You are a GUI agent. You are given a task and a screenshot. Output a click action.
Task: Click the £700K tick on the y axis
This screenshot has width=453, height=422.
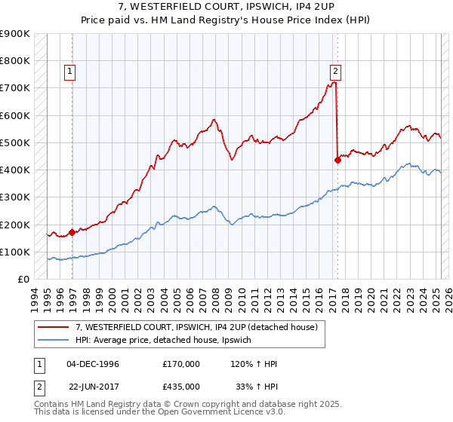coord(16,88)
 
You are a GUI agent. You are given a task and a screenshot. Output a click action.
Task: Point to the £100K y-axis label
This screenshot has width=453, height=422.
coord(16,252)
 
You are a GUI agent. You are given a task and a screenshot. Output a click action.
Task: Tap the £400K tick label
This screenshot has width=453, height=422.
coord(16,170)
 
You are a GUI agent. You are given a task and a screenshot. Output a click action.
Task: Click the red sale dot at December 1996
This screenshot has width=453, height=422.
coord(72,232)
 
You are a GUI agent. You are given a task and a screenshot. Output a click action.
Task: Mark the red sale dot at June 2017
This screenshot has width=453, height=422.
coord(337,160)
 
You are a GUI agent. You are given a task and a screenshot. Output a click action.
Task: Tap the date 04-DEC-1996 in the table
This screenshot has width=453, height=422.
coord(93,364)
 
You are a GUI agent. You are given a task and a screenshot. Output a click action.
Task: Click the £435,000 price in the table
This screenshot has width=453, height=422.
coord(181,386)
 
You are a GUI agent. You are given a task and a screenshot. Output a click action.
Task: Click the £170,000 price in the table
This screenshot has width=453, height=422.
coord(181,364)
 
